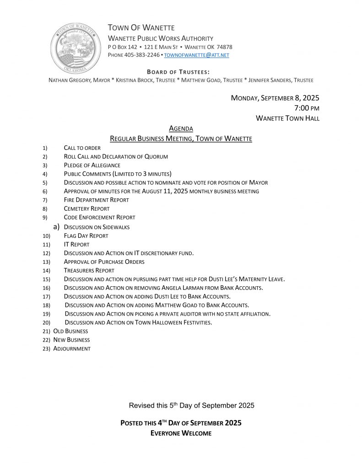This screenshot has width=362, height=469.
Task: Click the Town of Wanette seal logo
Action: point(76,48)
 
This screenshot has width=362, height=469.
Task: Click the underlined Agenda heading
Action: point(181,129)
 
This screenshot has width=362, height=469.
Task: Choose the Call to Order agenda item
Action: point(82,148)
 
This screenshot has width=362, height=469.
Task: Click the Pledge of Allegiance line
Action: point(92,165)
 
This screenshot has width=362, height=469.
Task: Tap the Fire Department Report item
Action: point(96,200)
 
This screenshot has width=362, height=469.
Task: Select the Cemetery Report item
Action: point(86,209)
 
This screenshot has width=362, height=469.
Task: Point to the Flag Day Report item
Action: point(86,236)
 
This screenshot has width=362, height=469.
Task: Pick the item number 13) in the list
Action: point(45,262)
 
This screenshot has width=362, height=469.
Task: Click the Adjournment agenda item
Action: point(72,349)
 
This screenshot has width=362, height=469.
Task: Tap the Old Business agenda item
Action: point(70,331)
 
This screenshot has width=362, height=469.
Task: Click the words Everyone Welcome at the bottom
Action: point(181,433)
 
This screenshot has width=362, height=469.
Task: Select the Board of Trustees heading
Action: point(178,72)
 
